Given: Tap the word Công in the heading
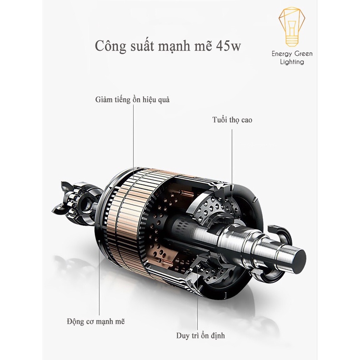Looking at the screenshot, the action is (x=110, y=47).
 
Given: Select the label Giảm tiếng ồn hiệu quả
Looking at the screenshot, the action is (x=132, y=99).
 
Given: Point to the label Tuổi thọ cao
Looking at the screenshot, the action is (x=232, y=120).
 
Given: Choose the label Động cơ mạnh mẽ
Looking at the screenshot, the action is (x=95, y=321).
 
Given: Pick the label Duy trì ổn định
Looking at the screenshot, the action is (x=200, y=336).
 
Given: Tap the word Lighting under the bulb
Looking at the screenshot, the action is (x=292, y=62).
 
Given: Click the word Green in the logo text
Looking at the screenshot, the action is (x=303, y=54).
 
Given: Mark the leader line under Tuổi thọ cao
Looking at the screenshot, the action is (x=232, y=155).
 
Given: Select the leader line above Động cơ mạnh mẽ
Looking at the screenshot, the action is (x=99, y=286).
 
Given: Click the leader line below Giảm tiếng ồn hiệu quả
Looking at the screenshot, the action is (x=133, y=136).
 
